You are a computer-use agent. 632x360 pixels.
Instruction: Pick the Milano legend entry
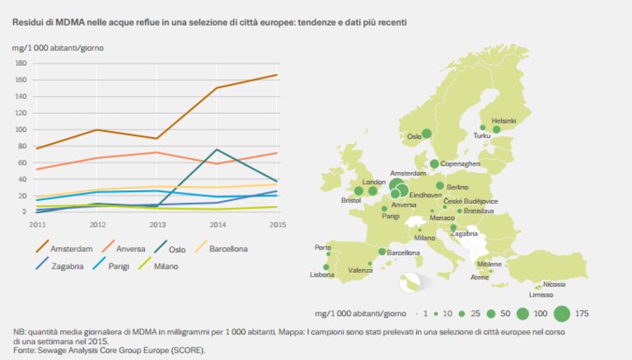coord(158,265)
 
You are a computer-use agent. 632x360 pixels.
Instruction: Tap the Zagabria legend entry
coord(59,265)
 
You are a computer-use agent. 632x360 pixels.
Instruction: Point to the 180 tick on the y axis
coord(21,63)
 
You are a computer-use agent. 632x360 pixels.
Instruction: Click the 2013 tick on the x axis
coord(157,225)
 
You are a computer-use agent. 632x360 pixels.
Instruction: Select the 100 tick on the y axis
coord(21,130)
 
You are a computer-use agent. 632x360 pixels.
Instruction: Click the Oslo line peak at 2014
coord(217,150)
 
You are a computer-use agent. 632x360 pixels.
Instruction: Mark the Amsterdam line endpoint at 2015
coord(277,75)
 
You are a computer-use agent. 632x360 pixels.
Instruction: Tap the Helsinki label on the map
coord(503,120)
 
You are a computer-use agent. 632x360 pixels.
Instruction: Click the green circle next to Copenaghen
coord(434,164)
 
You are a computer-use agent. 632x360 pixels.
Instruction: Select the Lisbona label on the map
coord(321,274)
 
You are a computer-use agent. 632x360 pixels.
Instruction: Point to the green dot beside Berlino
coord(440,186)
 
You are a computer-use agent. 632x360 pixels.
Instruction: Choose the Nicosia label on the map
coord(554,284)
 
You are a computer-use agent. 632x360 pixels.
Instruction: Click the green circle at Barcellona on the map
coord(382,251)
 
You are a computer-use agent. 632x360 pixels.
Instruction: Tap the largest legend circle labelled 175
coord(562,314)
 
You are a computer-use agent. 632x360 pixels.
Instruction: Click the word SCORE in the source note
coord(186,350)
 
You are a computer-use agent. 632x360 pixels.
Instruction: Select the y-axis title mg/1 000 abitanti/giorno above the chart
coord(58,48)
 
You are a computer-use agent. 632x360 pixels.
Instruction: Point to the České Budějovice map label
coord(470,201)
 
